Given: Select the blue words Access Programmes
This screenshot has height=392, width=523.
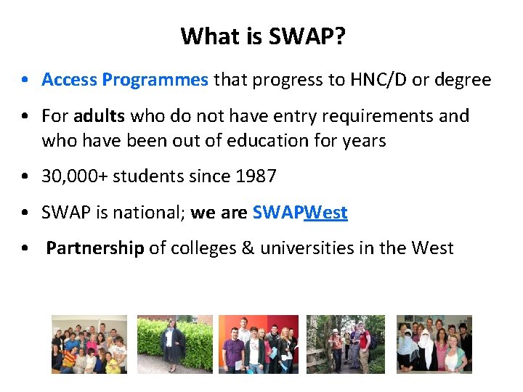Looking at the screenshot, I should coord(124,80).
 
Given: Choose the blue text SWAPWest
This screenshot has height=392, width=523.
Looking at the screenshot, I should coord(300,213).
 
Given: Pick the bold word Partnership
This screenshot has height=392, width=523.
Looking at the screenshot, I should coord(95,248).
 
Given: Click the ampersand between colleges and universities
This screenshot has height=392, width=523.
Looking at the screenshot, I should coord(248,248).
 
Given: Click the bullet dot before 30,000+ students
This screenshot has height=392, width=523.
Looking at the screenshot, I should coord(26,176).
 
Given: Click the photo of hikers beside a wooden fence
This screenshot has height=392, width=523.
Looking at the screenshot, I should coord(346,344).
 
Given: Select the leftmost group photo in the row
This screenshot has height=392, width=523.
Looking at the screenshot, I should coord(89,344).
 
